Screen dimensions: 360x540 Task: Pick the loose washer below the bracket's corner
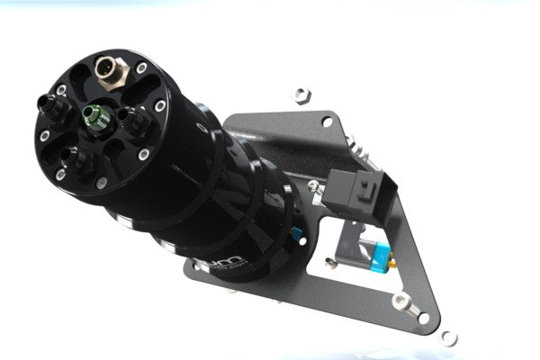[447, 337]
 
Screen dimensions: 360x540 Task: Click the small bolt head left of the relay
[314, 186]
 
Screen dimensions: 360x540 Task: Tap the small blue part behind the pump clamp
[296, 235]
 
